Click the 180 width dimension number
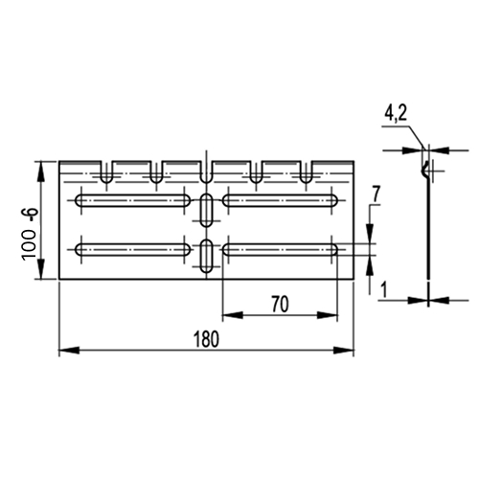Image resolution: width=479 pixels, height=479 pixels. point(207,339)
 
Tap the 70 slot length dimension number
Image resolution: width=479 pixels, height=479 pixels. point(280,305)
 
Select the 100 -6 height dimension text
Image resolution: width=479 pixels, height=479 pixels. point(31,234)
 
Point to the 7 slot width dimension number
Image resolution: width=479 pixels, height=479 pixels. point(376,194)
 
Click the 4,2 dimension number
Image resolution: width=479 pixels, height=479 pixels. point(396,113)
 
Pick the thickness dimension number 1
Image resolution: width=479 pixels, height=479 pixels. point(384,290)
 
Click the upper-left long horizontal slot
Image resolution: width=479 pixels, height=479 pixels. point(133,200)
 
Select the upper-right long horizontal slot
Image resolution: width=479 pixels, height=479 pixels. point(280,200)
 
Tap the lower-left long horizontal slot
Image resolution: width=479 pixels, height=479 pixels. point(133,250)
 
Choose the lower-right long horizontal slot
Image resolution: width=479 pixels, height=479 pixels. point(280,250)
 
